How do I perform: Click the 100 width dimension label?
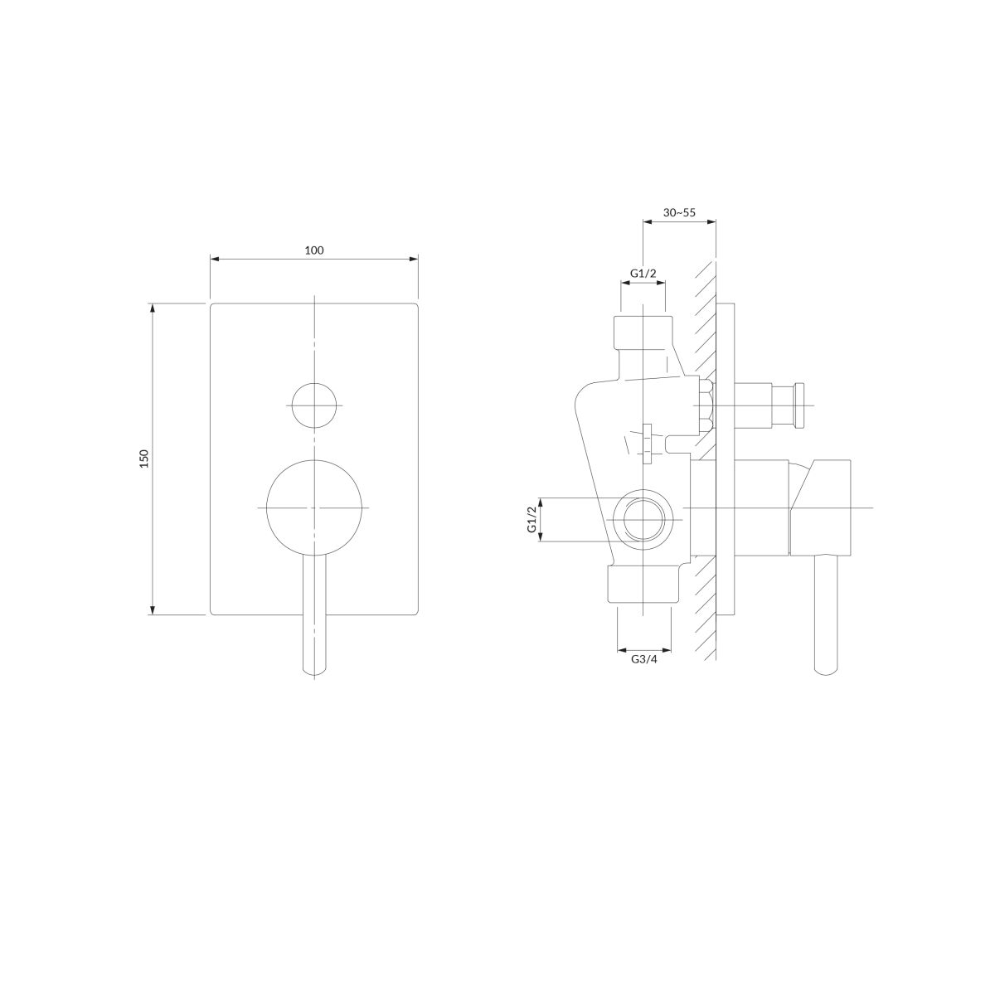pyautogui.click(x=314, y=250)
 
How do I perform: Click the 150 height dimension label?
pyautogui.click(x=144, y=459)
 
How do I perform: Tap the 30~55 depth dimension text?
pyautogui.click(x=679, y=212)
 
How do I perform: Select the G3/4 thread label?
pyautogui.click(x=644, y=659)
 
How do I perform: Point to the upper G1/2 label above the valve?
pyautogui.click(x=643, y=273)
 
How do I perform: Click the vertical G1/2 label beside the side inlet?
pyautogui.click(x=531, y=519)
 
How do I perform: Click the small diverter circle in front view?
pyautogui.click(x=314, y=405)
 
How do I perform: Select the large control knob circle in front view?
pyautogui.click(x=314, y=508)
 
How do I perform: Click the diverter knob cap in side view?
pyautogui.click(x=799, y=405)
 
